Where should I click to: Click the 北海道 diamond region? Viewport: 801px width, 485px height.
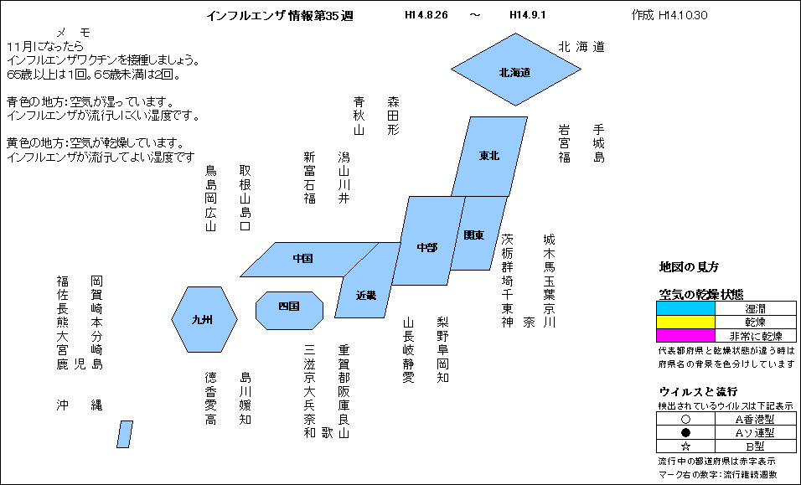click(516, 70)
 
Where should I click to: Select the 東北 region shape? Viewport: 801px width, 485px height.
click(489, 156)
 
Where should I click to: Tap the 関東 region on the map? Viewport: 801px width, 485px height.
click(478, 234)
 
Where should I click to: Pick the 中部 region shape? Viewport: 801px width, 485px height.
click(428, 240)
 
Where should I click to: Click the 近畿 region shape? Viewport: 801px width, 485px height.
click(367, 281)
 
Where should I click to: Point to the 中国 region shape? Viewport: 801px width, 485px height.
click(309, 260)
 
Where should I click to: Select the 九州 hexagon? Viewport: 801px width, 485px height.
click(204, 320)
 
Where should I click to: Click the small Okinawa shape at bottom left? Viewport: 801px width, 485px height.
click(125, 434)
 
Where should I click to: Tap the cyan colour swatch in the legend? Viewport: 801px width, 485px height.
click(685, 308)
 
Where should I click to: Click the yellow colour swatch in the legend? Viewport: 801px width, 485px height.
click(685, 322)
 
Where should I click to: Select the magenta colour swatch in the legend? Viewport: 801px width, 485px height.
click(685, 335)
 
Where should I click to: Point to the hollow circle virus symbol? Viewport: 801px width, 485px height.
click(685, 419)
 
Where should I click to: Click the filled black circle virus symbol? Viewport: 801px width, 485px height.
click(685, 432)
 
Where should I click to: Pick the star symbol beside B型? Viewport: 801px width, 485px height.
click(685, 446)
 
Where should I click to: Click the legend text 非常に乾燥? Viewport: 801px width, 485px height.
click(756, 336)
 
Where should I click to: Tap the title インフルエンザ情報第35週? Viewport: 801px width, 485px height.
click(280, 16)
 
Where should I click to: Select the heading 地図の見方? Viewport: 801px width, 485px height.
click(689, 267)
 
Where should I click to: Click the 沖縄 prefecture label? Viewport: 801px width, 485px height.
click(80, 405)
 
